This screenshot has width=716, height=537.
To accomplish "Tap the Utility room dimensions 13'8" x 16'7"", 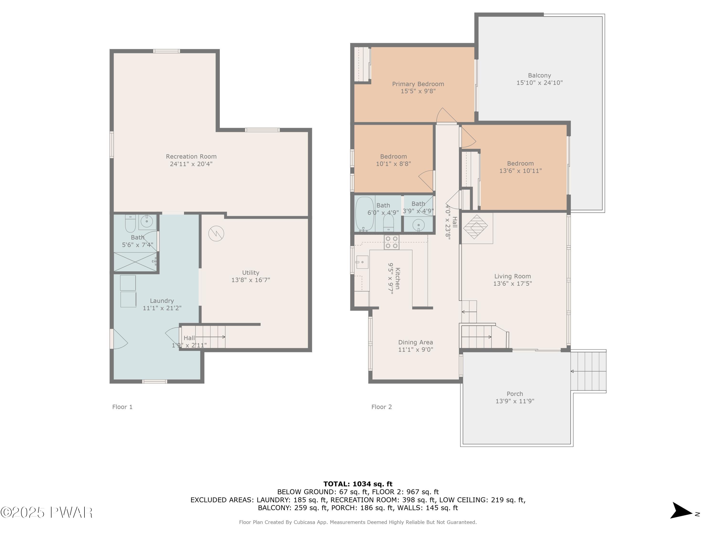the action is [251, 280].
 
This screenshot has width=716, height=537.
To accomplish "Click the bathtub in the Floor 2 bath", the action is [365, 214].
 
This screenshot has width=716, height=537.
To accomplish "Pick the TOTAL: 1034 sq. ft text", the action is [358, 484].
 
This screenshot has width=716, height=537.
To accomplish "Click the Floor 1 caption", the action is [122, 407].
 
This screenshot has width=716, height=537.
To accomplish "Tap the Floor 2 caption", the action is [382, 407].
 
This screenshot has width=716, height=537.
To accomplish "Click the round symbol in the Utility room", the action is [216, 234].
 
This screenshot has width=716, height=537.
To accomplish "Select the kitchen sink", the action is [362, 262].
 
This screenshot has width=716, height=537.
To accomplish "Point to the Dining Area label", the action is [415, 342].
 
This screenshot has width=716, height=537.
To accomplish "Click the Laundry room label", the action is [162, 301].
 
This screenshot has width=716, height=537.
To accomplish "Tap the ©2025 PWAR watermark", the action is [47, 512].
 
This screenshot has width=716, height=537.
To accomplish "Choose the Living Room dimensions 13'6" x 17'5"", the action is [512, 284].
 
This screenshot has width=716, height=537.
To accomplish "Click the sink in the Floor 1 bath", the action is [147, 222].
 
